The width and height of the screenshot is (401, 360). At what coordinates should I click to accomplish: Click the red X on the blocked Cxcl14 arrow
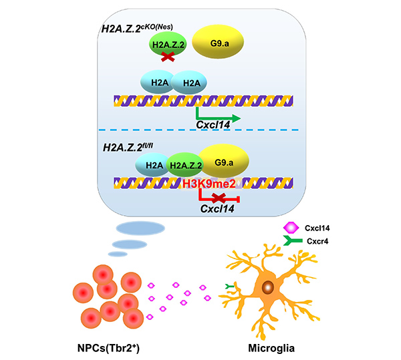[218, 198]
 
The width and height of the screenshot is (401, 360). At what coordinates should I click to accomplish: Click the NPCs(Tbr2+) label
[104, 347]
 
